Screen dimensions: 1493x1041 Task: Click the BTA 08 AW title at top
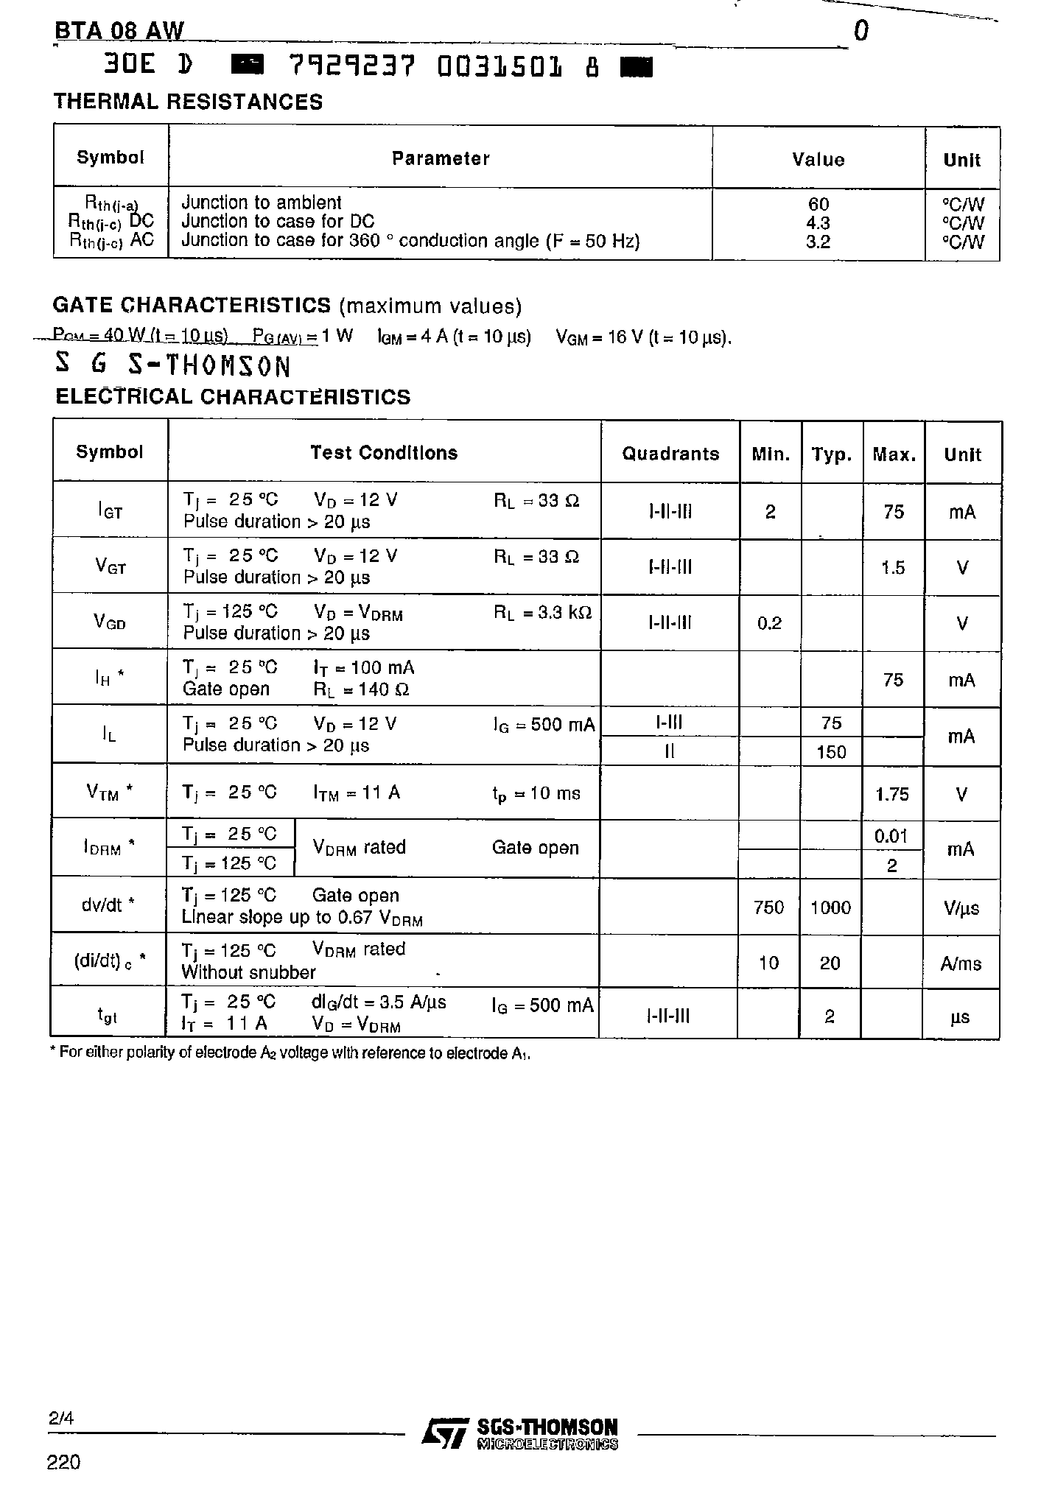(x=119, y=31)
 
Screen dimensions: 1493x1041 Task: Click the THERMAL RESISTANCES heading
(x=188, y=102)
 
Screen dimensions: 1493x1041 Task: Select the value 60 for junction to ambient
(x=818, y=204)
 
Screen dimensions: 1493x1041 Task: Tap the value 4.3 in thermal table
(x=818, y=223)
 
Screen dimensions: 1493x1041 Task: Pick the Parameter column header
(x=440, y=158)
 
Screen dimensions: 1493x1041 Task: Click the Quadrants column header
(x=670, y=454)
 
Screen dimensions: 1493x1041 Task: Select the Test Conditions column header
(x=383, y=453)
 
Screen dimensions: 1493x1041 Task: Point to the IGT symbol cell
(x=110, y=510)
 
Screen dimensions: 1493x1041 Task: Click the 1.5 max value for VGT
(x=893, y=568)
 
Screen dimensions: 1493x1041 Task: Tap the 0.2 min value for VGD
(x=769, y=624)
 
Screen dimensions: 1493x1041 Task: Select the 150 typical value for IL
(x=831, y=752)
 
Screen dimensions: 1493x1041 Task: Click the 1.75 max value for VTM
(x=892, y=794)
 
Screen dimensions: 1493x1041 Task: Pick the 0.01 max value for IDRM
(x=891, y=836)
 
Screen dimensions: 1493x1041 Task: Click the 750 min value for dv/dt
(x=768, y=907)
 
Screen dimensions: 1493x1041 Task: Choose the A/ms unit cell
(x=961, y=963)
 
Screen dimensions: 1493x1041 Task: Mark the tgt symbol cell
(x=108, y=1015)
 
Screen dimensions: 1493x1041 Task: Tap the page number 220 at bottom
(x=63, y=1462)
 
